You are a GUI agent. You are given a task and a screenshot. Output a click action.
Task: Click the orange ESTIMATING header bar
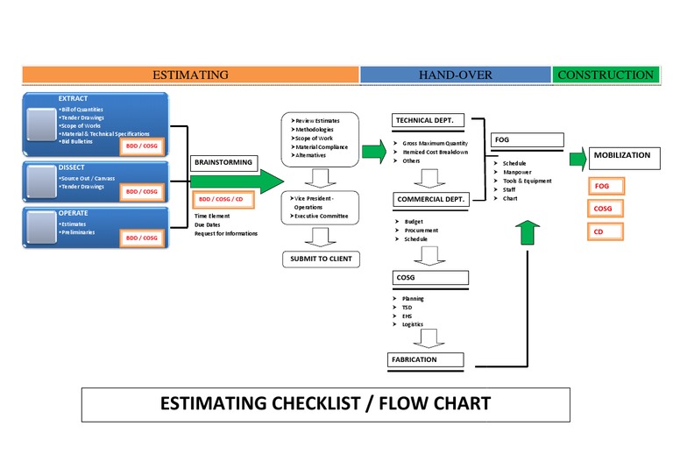click(190, 75)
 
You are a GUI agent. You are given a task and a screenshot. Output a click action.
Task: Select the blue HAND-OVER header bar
click(455, 75)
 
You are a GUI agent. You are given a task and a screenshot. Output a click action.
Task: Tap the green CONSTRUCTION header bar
click(606, 75)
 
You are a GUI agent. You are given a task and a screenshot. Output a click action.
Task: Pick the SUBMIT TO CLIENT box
click(322, 259)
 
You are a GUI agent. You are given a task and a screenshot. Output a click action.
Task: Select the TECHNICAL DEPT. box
click(431, 120)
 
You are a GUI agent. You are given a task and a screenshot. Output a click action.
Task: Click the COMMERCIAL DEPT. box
click(430, 200)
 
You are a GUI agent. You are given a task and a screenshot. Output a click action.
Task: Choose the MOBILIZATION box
click(622, 155)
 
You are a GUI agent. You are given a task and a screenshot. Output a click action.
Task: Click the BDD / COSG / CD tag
click(220, 199)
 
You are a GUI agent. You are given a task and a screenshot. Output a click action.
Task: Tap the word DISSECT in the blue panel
click(72, 167)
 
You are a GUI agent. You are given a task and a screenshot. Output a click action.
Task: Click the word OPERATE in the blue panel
click(74, 213)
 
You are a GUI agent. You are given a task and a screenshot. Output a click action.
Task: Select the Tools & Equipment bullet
click(527, 181)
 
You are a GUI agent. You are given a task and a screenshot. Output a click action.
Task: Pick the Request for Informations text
click(226, 233)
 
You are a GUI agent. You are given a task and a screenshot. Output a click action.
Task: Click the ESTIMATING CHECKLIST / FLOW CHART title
click(325, 403)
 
